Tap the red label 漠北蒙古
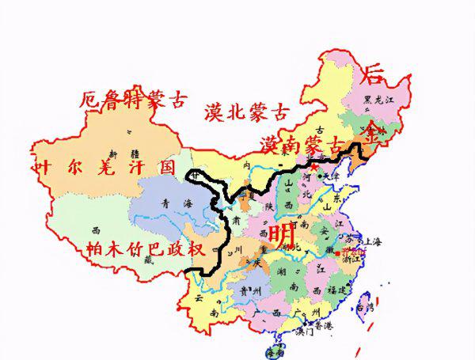coord(246,112)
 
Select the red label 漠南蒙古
coord(303,145)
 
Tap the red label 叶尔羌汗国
coord(103,167)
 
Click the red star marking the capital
coord(313,168)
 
